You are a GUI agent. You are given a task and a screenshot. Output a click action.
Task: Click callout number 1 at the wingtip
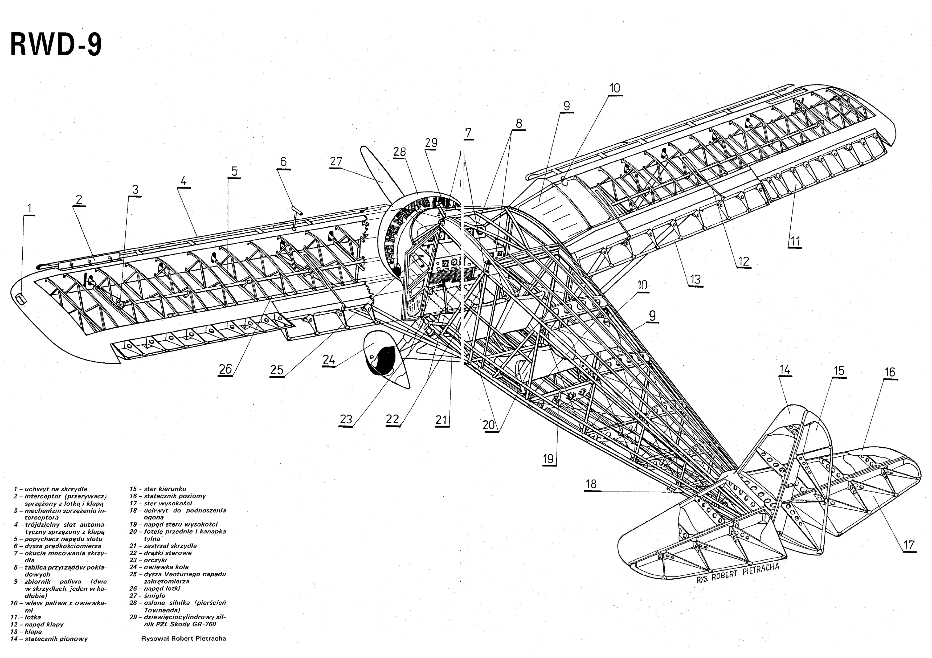pos(29,208)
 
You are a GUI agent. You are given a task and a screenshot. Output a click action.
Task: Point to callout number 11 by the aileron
pos(795,241)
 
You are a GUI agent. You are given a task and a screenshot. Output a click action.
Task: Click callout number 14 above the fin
pos(785,370)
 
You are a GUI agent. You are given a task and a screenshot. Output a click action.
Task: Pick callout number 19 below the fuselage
pos(548,459)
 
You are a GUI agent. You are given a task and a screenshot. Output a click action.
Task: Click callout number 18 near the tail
pos(591,484)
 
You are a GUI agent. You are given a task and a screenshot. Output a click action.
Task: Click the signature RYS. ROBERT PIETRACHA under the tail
pos(738,573)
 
